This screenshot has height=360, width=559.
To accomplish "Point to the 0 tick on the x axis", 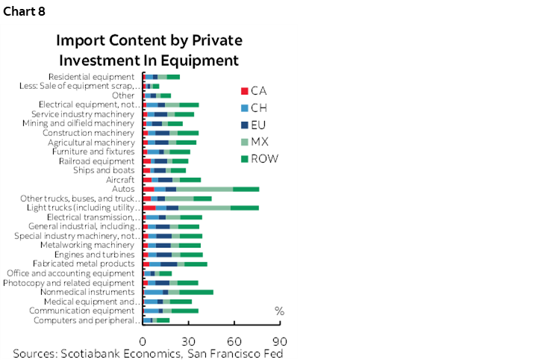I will [143, 338].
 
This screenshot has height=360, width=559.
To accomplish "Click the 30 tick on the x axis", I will [189, 338].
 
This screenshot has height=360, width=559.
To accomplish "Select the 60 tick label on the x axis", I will [234, 338].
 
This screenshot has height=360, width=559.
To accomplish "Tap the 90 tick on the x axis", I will [280, 338].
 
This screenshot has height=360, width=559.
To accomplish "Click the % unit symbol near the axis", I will [279, 311].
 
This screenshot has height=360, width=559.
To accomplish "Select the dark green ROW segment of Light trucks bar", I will [244, 208].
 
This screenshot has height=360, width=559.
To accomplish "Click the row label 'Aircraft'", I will [120, 179].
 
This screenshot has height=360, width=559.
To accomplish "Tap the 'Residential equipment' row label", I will [91, 77].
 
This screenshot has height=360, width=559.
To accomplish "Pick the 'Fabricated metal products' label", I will [84, 264].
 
